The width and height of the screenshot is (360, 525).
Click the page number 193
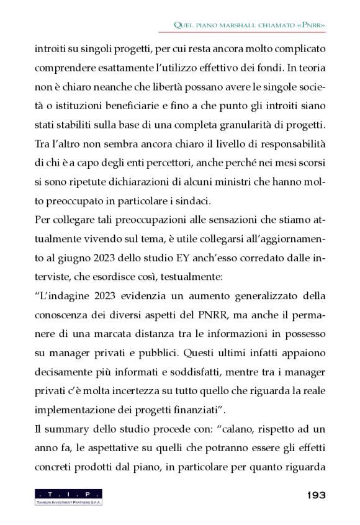(315, 495)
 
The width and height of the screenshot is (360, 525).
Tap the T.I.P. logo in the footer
(68, 496)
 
